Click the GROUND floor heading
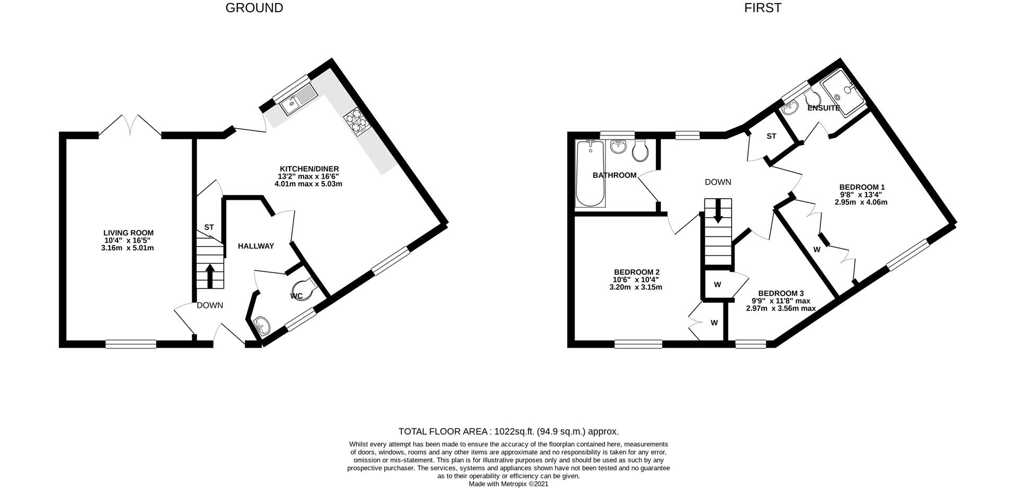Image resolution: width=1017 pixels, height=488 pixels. click(x=254, y=8)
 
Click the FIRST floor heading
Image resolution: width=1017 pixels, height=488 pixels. click(x=763, y=8)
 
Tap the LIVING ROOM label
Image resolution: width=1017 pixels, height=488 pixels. click(x=129, y=233)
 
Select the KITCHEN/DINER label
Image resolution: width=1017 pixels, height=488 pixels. click(x=309, y=169)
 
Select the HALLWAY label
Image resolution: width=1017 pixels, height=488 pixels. click(x=256, y=246)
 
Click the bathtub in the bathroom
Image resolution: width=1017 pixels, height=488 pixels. click(x=590, y=173)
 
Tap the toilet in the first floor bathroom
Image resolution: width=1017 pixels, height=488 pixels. click(x=640, y=150)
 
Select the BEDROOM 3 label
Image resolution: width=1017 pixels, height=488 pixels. click(x=781, y=294)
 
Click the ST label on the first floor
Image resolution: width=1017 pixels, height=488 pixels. click(x=771, y=136)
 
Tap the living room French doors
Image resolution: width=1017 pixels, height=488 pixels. click(x=130, y=125)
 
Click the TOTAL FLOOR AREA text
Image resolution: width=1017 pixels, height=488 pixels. click(x=508, y=432)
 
